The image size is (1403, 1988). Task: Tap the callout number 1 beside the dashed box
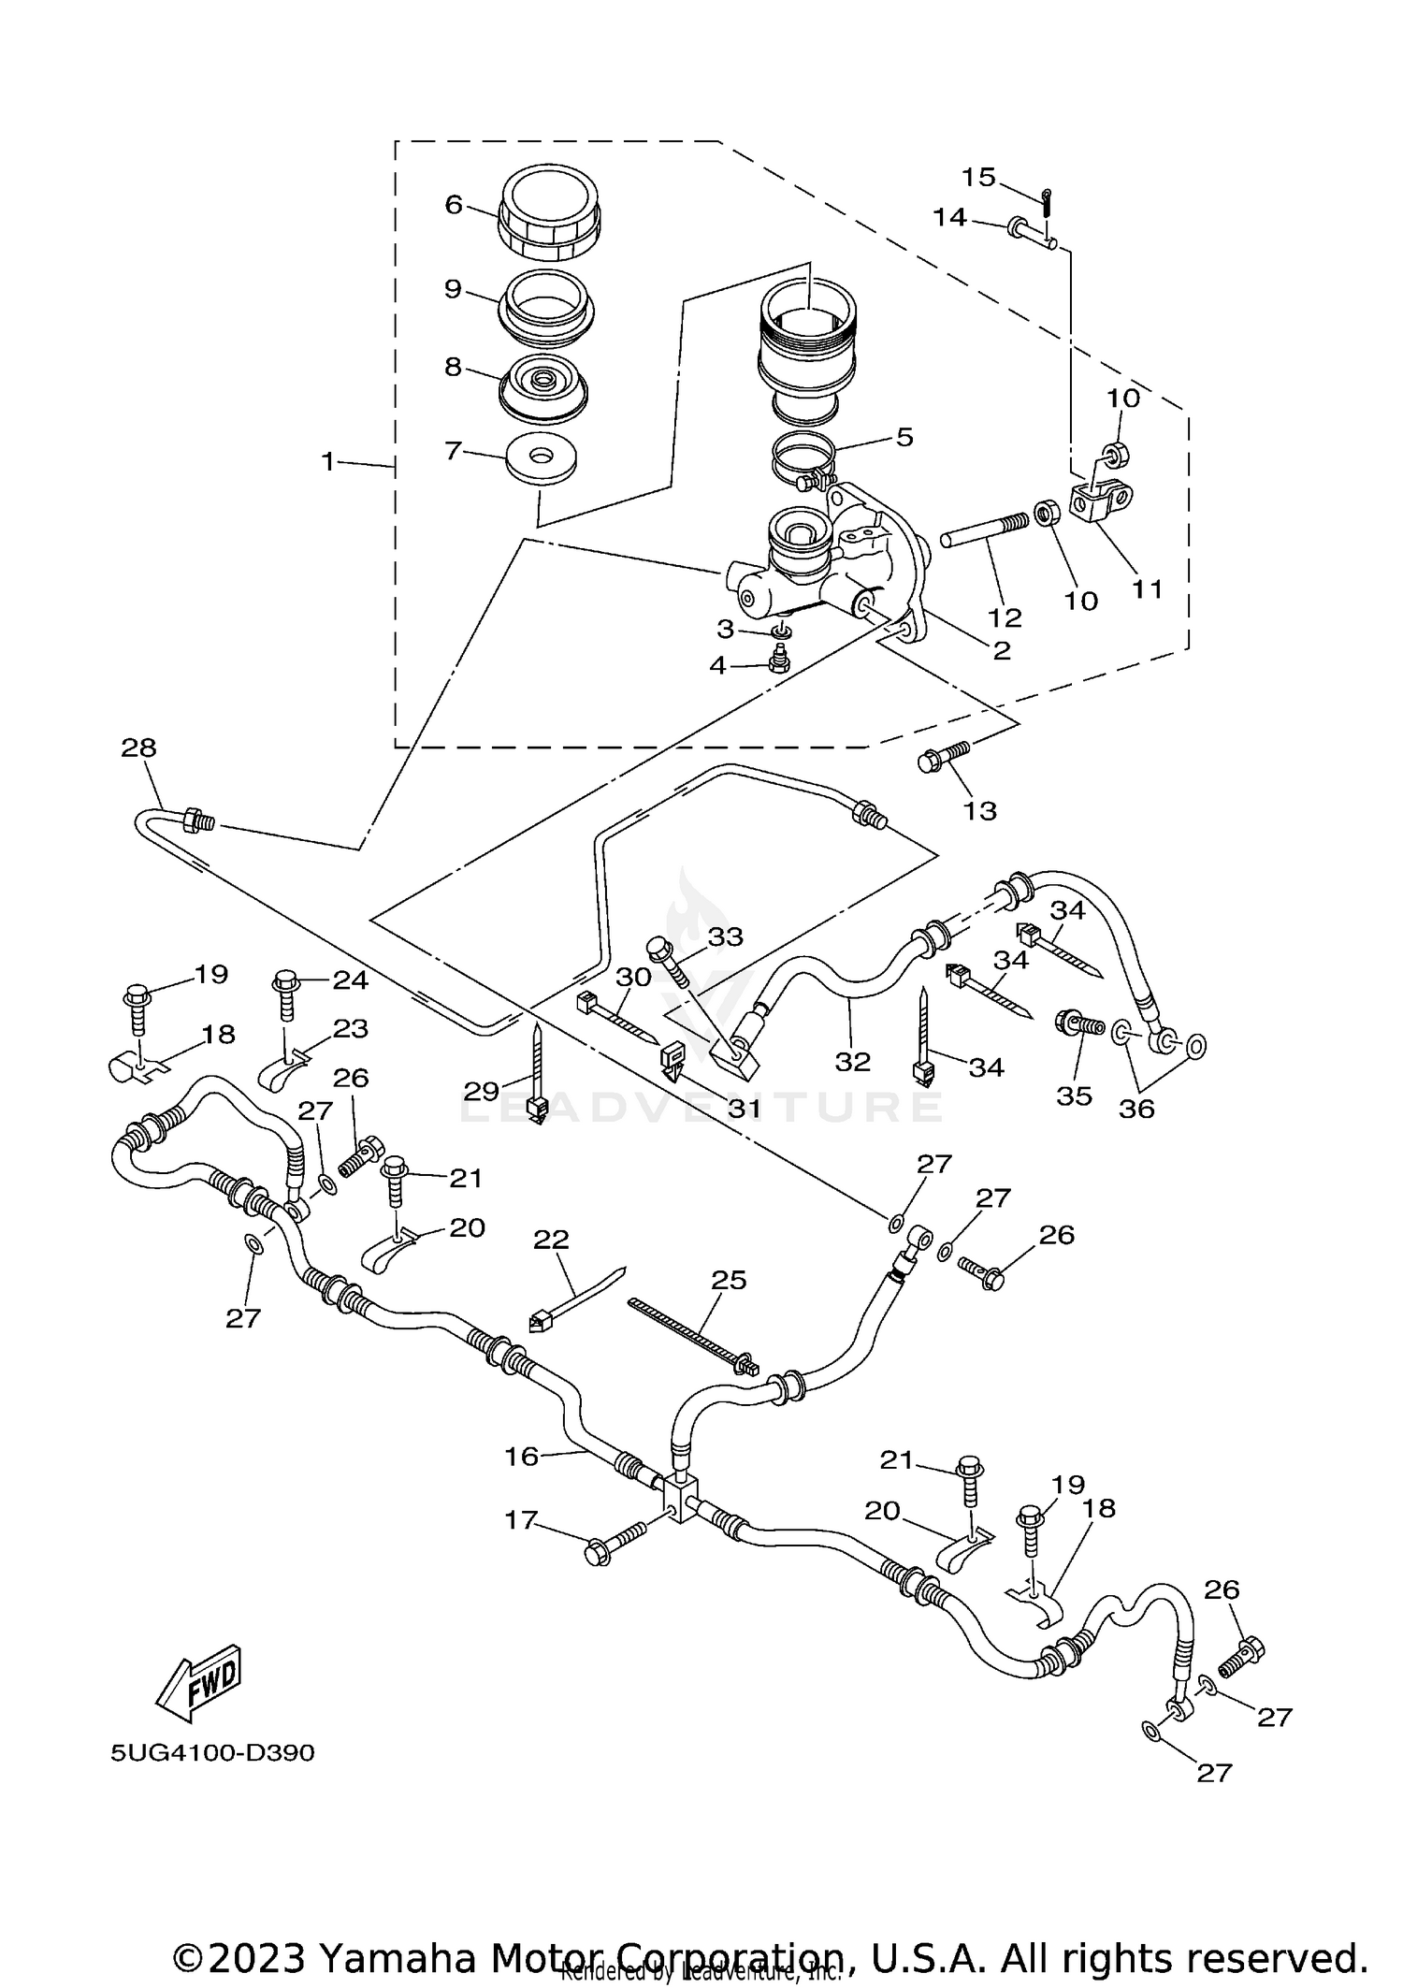tap(328, 462)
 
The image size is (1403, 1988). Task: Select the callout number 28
tap(138, 748)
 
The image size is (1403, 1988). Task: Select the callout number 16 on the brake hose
tap(522, 1456)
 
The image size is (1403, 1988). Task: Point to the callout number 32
tap(853, 1062)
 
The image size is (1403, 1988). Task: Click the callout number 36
tap(1137, 1109)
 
